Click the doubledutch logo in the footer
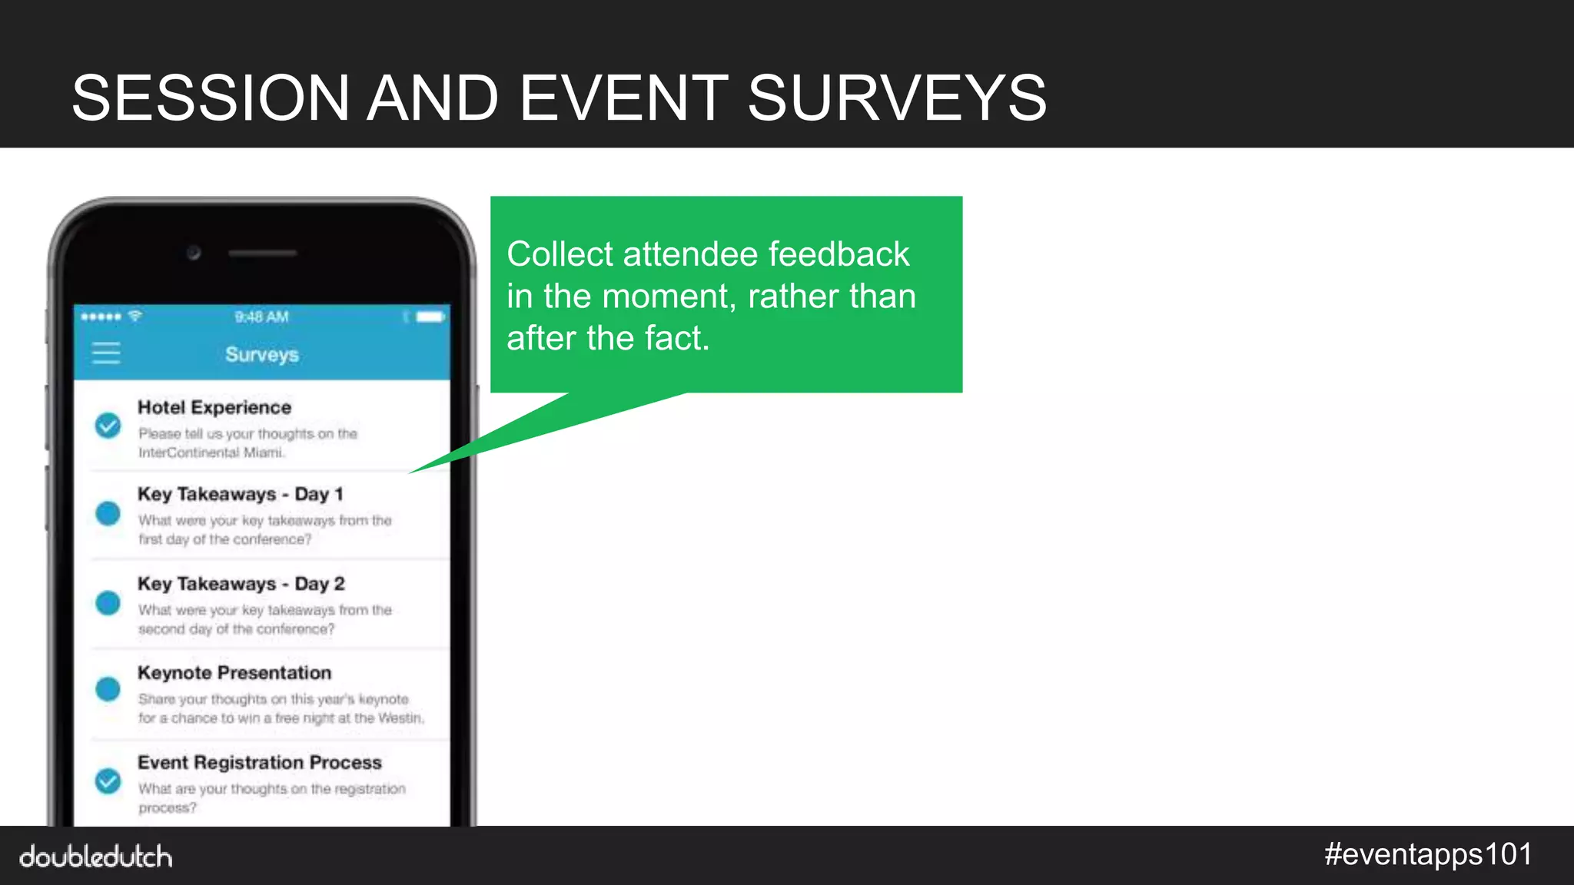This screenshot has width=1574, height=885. click(96, 857)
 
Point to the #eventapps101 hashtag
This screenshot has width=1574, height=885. click(1428, 854)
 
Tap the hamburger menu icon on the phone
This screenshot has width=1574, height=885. click(106, 353)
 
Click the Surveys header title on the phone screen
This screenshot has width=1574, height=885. click(262, 354)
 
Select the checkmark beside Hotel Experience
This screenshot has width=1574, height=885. click(108, 425)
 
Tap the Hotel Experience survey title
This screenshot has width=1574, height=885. click(214, 407)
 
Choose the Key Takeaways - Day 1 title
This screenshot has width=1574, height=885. click(240, 494)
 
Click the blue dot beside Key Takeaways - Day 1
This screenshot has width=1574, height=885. click(108, 513)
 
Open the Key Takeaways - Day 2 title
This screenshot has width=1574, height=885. click(241, 584)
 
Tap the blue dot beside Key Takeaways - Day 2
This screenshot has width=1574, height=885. click(108, 603)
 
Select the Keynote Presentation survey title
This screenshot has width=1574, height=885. click(234, 673)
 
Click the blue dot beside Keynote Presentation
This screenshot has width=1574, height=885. click(108, 689)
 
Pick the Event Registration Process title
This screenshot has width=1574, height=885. click(260, 762)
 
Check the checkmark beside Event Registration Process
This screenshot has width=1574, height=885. click(108, 781)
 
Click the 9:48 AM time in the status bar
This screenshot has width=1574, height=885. click(261, 317)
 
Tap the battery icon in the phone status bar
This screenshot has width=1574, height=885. click(430, 317)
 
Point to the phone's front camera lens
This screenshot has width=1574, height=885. click(194, 253)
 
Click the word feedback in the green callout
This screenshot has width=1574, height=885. click(838, 254)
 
